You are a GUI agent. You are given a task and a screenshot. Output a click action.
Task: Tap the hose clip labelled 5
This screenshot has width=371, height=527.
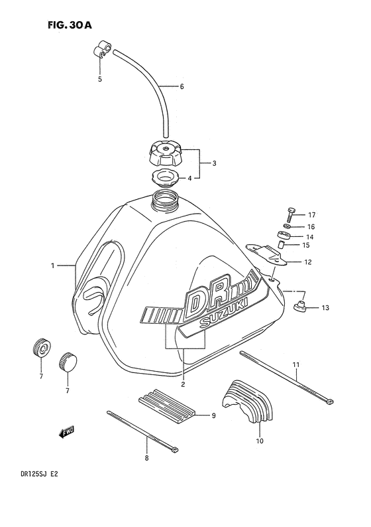click(101, 50)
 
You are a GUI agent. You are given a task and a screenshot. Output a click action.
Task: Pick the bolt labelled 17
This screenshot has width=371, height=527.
click(291, 215)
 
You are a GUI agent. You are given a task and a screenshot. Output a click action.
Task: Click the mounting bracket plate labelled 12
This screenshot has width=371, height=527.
click(269, 254)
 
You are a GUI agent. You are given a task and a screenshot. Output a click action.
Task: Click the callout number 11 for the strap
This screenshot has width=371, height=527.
click(296, 365)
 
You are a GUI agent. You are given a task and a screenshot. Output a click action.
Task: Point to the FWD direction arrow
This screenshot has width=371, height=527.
click(66, 433)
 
